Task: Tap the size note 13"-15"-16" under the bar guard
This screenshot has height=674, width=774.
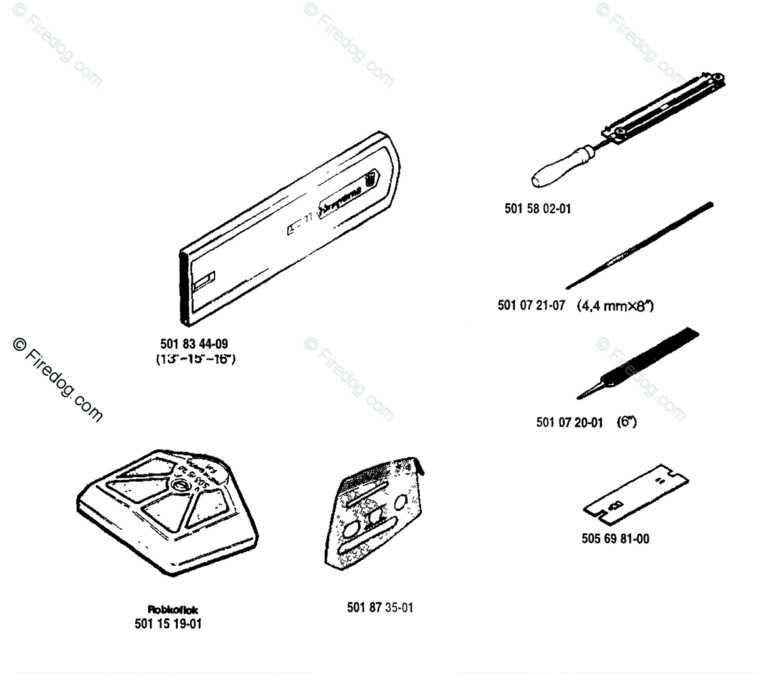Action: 195,359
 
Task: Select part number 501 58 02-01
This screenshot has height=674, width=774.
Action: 537,208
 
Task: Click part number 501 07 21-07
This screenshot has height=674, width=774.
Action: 531,306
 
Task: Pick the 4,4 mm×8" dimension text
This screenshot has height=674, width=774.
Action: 615,306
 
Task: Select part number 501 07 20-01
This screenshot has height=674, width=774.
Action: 569,422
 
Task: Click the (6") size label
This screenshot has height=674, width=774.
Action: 626,422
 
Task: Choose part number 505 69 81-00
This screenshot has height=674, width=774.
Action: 615,539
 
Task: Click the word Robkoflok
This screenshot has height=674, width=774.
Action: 173,610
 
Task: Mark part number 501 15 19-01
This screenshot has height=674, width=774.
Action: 168,624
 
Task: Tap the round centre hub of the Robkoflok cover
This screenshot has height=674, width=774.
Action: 179,486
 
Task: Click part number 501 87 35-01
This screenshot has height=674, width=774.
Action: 380,608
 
